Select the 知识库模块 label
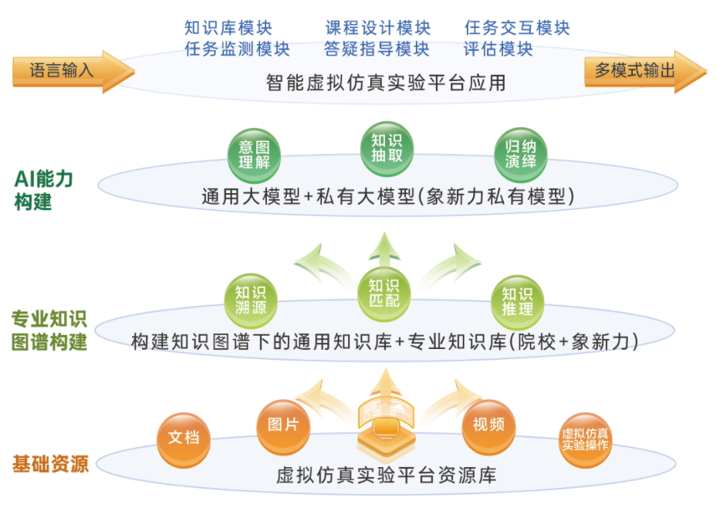(x=228, y=29)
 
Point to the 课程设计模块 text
(x=378, y=29)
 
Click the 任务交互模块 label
(x=517, y=29)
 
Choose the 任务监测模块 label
(x=237, y=49)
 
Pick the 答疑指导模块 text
(x=377, y=49)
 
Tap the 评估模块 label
(x=498, y=49)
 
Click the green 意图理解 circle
(x=254, y=154)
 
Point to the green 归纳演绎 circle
(x=521, y=154)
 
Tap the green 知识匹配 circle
(x=384, y=292)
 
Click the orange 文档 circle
(x=184, y=438)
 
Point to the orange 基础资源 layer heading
(x=50, y=464)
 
